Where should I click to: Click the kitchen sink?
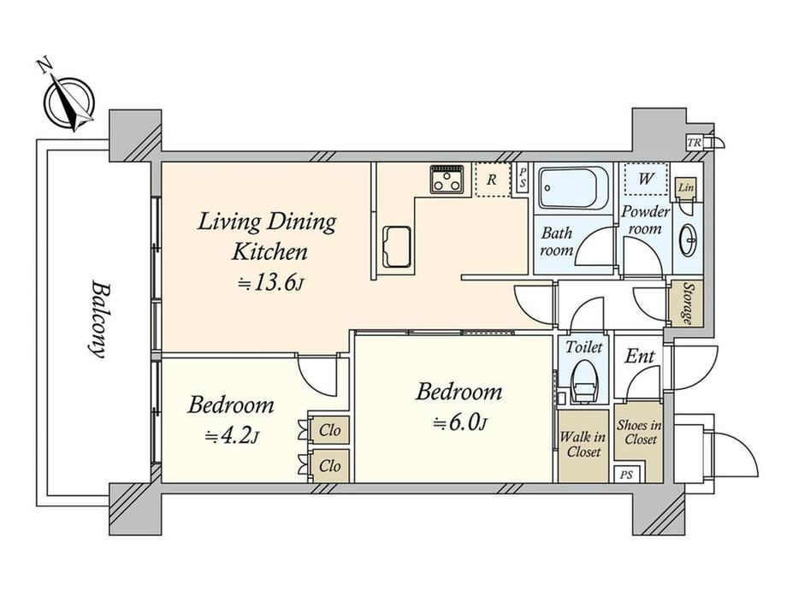397,247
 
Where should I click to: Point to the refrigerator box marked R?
493,180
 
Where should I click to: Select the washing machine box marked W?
646,178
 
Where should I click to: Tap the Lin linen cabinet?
685,187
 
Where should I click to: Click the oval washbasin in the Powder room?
688,241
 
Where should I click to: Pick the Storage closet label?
686,304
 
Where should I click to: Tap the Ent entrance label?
640,357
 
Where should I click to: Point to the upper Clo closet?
328,430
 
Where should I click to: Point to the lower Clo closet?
328,466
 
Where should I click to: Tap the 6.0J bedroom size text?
460,423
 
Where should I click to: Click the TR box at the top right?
694,143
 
